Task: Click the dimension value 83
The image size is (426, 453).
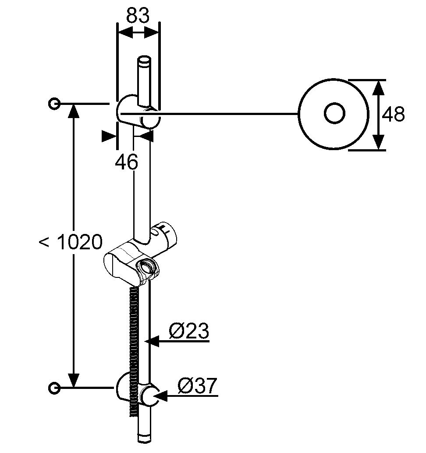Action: (x=138, y=16)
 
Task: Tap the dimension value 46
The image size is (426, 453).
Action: (x=127, y=162)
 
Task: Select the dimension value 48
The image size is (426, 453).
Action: (x=393, y=115)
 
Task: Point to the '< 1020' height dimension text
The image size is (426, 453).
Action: (x=71, y=242)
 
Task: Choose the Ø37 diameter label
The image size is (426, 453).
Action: (x=197, y=386)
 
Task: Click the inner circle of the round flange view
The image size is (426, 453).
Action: (x=334, y=114)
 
